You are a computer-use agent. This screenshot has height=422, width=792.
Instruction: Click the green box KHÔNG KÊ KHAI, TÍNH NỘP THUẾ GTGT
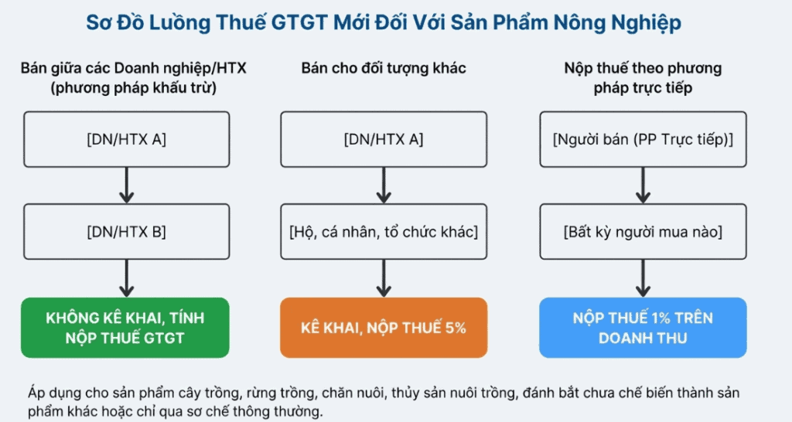coord(125,328)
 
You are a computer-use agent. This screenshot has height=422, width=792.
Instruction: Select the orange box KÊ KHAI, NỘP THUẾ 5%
coord(384,328)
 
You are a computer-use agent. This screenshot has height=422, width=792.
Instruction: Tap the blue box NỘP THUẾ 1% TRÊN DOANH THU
coord(643,328)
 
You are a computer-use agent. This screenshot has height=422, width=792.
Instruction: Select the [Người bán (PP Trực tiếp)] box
coord(643,140)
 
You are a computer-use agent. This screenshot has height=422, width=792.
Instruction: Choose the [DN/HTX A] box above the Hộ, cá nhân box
coord(384,140)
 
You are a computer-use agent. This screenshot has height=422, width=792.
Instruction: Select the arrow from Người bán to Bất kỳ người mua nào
coord(643,186)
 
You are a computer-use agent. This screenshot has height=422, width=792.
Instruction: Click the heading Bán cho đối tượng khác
coord(384,69)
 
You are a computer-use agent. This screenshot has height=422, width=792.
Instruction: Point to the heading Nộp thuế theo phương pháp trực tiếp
coord(643,78)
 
